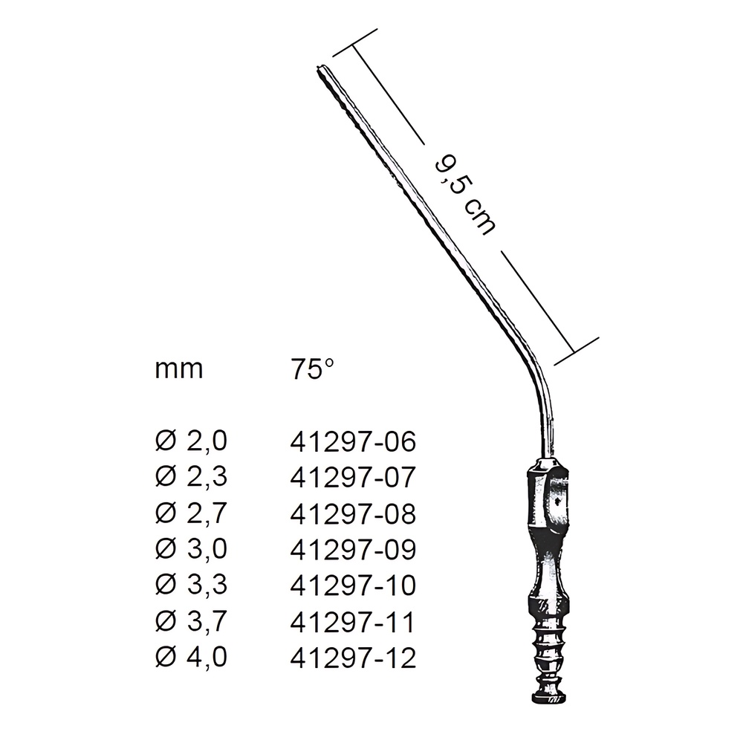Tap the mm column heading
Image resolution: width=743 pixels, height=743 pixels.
tap(179, 369)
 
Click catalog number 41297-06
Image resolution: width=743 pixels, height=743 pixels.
tap(353, 442)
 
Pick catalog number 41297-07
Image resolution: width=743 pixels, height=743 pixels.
tap(353, 478)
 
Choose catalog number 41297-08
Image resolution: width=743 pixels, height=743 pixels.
tap(353, 514)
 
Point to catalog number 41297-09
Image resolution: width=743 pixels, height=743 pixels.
tap(353, 550)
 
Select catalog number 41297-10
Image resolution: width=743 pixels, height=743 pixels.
tap(353, 585)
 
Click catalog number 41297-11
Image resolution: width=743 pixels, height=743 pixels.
tap(353, 622)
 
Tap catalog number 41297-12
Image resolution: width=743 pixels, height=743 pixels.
tap(353, 658)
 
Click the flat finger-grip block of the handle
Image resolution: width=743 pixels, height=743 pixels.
tap(551, 498)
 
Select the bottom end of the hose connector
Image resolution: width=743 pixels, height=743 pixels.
tap(551, 698)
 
